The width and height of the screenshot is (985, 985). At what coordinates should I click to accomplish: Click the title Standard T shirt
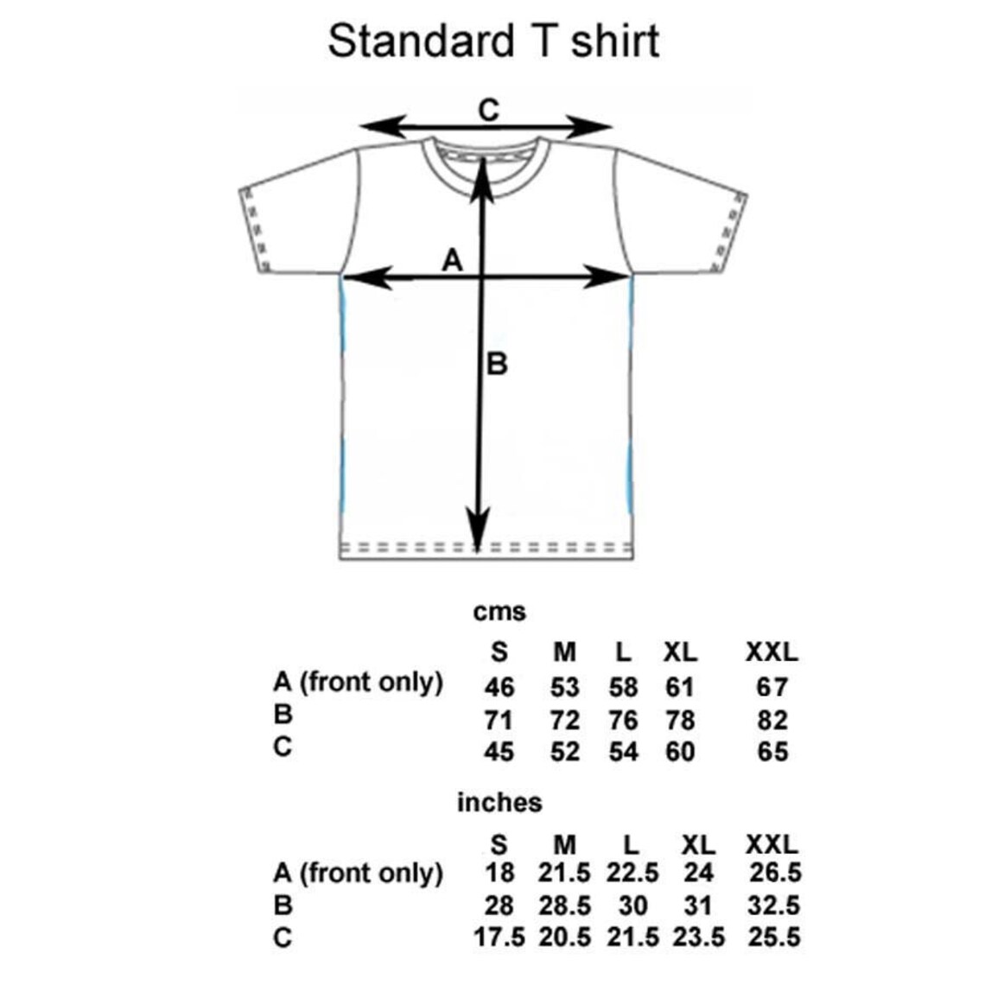tap(493, 41)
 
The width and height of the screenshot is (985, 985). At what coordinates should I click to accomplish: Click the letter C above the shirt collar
tap(489, 111)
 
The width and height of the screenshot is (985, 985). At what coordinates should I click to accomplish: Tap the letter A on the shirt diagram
tap(453, 259)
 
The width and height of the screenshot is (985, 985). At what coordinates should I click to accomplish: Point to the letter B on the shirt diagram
tap(497, 365)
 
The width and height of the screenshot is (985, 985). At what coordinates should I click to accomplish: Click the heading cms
tap(499, 613)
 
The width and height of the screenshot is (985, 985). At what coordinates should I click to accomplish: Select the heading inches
tap(499, 803)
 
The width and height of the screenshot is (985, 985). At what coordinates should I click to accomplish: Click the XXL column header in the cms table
tap(772, 651)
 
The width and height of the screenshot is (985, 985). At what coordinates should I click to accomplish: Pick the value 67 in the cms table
tap(772, 687)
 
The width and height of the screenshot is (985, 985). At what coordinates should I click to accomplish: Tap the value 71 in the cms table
tap(499, 720)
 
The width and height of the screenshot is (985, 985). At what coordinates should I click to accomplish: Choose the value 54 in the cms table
tap(622, 752)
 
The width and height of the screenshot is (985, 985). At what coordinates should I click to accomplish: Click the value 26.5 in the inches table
tap(775, 874)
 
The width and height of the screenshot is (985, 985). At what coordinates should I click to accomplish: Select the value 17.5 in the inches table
tap(499, 937)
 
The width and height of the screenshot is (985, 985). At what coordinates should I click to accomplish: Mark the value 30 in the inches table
tap(632, 906)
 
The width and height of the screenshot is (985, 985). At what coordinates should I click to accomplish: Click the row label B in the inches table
tap(283, 906)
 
